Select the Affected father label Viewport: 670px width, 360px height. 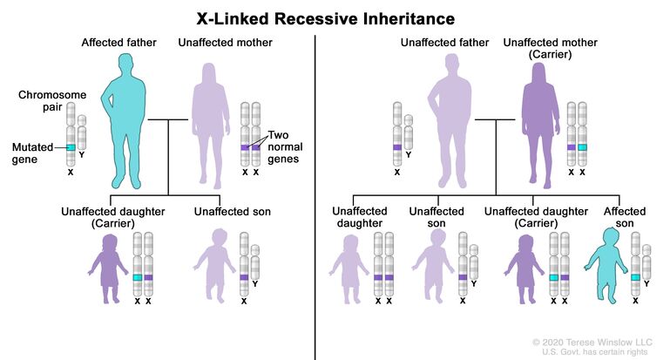click(112, 42)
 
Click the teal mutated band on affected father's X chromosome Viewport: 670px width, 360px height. click(70, 148)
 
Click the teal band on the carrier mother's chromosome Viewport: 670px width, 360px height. click(583, 148)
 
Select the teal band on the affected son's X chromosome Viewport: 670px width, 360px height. click(636, 277)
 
